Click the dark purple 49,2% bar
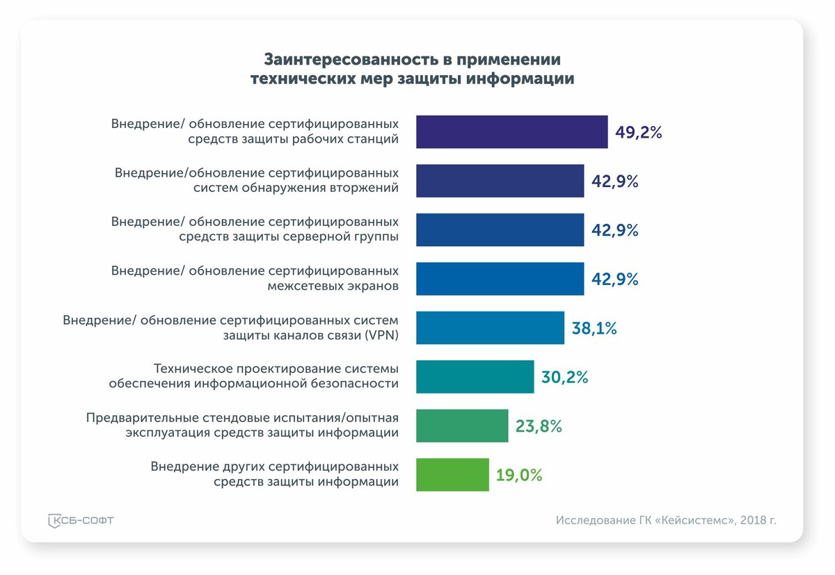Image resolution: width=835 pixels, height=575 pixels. point(511,132)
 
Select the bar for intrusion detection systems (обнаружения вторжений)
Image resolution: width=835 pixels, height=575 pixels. point(500,181)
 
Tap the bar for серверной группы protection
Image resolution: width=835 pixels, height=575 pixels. point(500,230)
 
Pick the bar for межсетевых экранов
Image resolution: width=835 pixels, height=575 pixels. point(500,279)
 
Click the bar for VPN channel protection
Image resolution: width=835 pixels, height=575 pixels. point(490,328)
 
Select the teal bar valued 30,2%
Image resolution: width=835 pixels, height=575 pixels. point(475,377)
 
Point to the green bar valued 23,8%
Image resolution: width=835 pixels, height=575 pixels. point(462,426)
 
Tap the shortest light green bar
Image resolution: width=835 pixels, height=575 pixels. point(452,475)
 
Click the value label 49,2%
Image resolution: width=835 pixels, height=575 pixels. point(638,132)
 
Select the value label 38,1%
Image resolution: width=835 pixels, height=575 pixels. point(594,328)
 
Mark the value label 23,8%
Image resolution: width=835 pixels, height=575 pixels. point(538,426)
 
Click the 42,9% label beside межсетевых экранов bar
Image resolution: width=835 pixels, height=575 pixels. point(614,280)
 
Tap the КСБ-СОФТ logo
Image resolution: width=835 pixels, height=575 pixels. point(81,521)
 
